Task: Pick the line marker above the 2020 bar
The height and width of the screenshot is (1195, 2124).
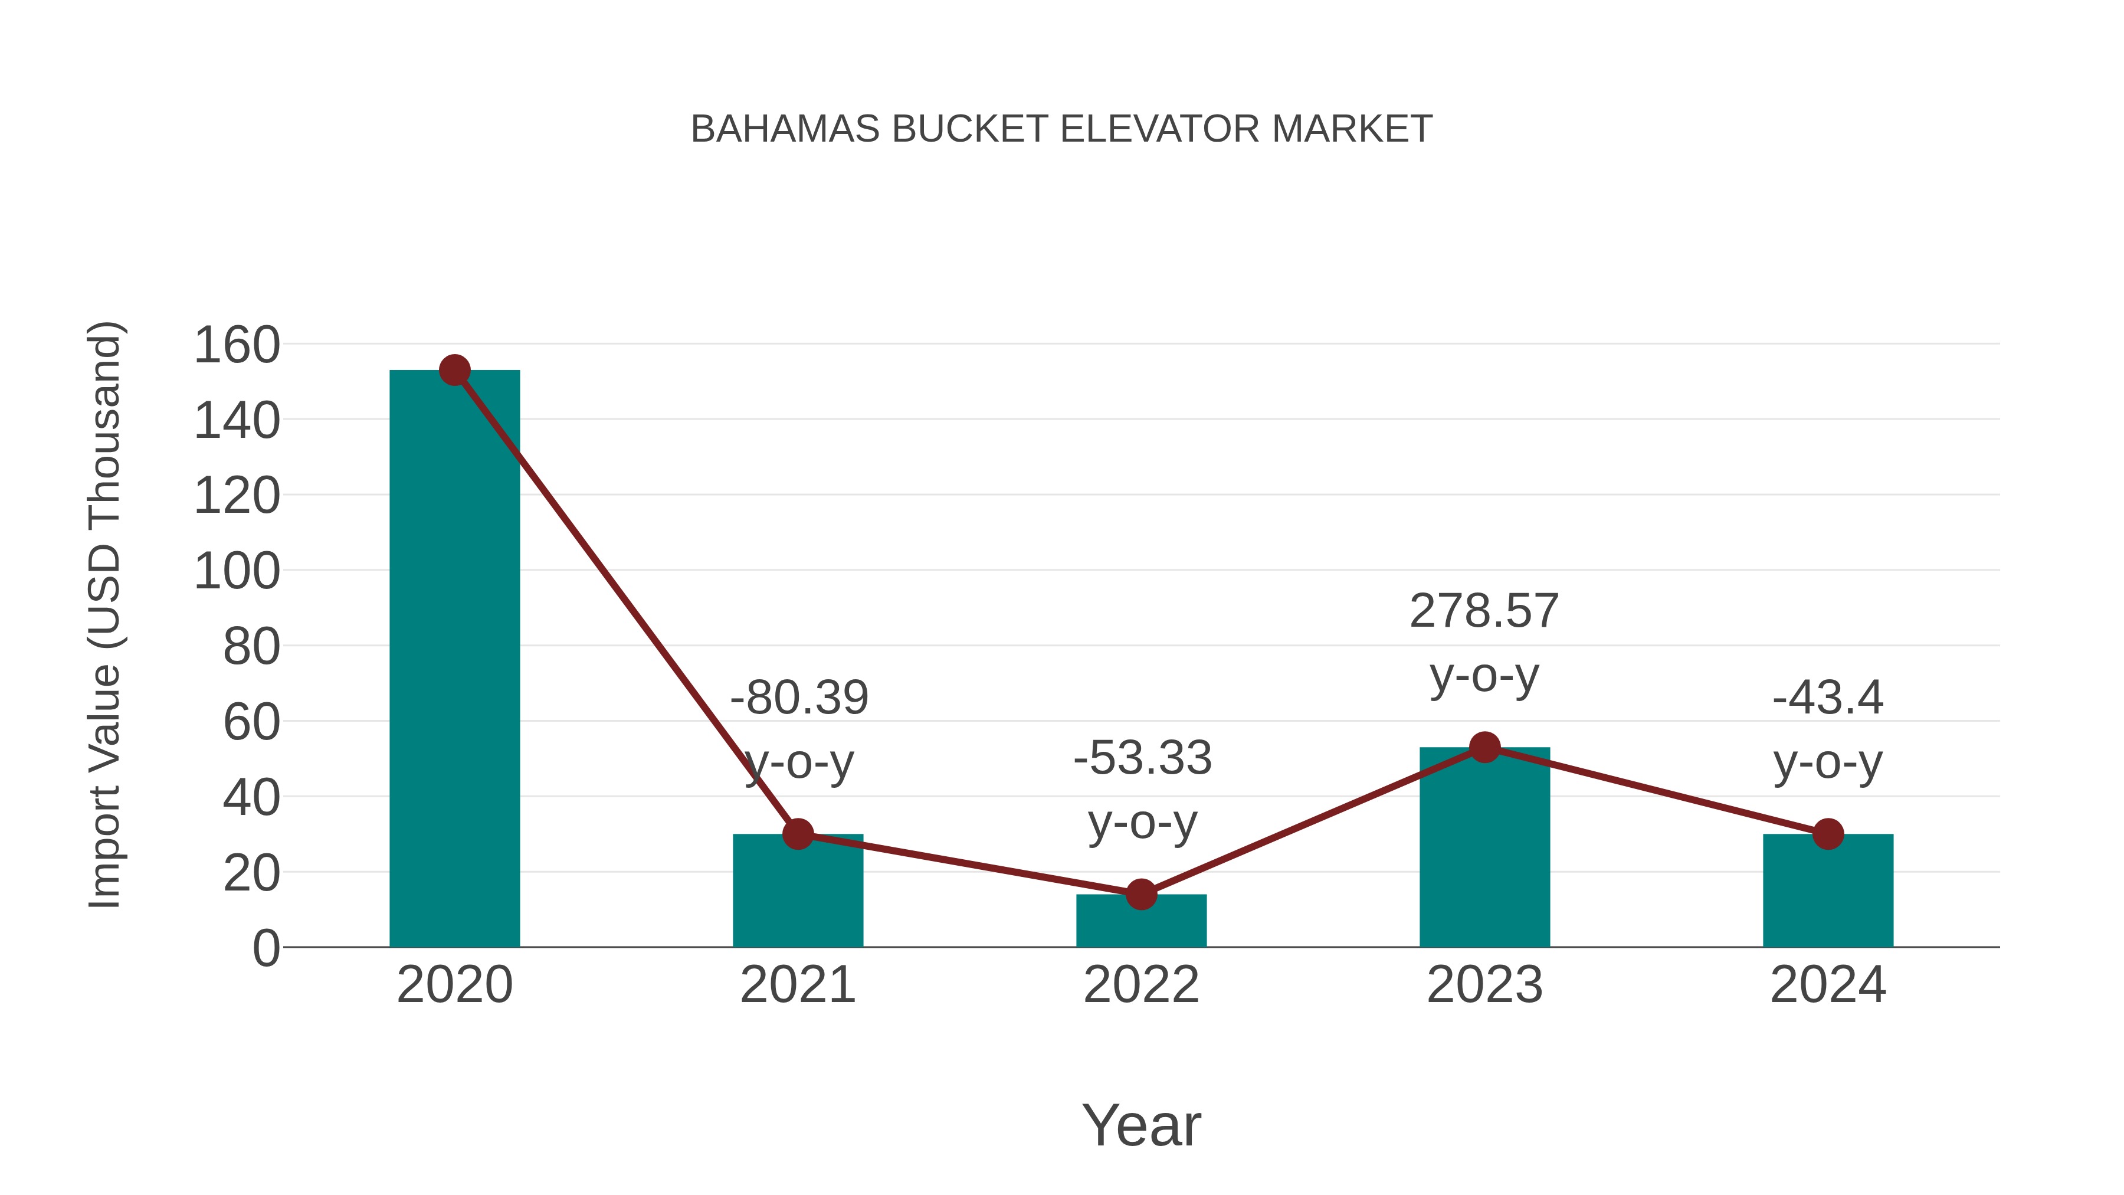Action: [x=454, y=370]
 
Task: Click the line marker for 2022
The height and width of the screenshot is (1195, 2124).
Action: [x=1141, y=894]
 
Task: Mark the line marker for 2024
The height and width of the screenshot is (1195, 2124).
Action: [x=1828, y=834]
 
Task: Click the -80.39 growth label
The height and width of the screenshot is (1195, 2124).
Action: [x=799, y=698]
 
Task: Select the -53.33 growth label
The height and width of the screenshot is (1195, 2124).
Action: [x=1142, y=758]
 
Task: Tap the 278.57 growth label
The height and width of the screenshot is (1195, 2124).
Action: [x=1484, y=611]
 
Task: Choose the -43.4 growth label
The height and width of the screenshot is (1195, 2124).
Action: [x=1828, y=698]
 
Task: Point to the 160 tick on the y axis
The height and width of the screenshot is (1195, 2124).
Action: [x=237, y=345]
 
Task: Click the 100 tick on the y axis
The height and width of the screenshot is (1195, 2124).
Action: [x=237, y=571]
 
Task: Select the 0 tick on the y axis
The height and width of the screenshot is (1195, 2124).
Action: [x=265, y=948]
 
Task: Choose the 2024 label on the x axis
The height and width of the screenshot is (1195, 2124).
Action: [x=1828, y=985]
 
